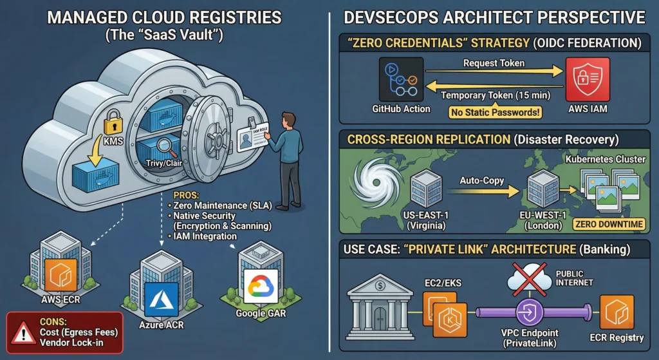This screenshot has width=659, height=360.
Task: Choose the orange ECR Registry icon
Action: [616, 312]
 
